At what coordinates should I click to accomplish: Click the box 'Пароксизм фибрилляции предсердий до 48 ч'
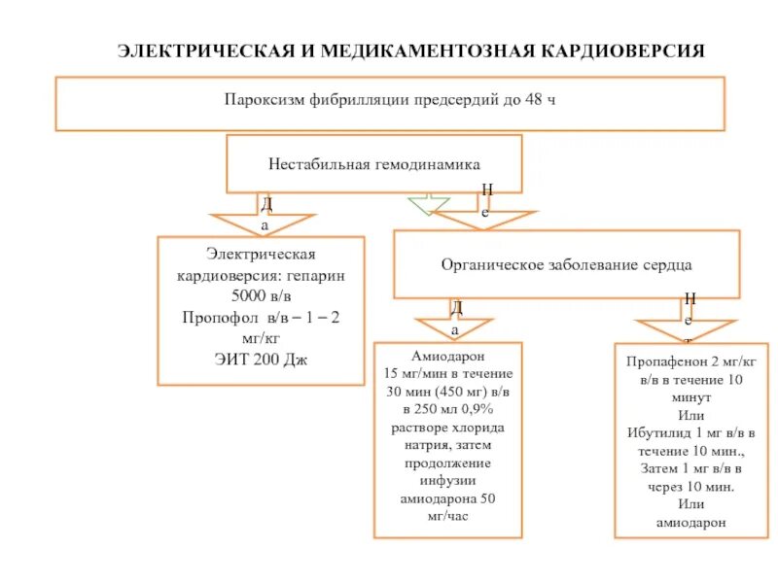coord(390,103)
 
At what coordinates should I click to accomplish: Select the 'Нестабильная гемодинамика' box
coord(374,163)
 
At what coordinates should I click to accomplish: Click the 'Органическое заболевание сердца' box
coord(566,263)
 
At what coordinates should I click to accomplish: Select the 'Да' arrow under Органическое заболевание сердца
coord(455,320)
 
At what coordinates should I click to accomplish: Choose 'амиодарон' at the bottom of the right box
coord(690,521)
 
